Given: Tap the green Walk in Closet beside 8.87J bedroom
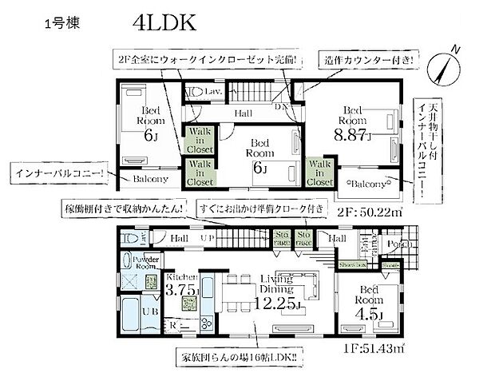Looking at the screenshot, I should (x=319, y=172).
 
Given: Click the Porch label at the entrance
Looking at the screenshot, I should (x=390, y=244).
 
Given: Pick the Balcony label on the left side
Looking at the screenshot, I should (x=149, y=181).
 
